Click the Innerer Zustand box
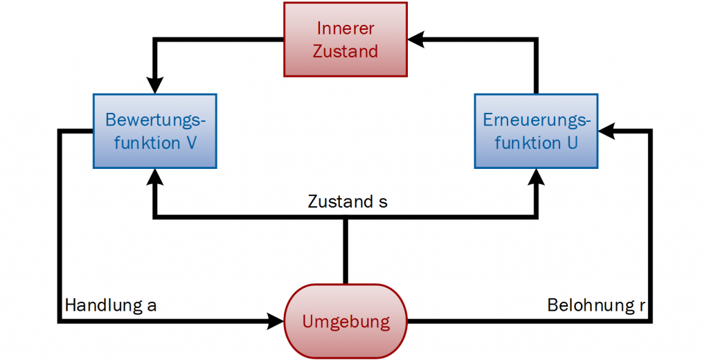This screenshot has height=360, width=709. click(x=345, y=39)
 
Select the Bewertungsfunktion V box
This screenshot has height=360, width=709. click(x=155, y=132)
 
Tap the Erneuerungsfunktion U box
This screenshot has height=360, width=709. click(x=537, y=132)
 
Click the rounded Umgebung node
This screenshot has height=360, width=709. click(x=345, y=321)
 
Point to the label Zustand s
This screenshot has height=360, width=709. click(x=347, y=202)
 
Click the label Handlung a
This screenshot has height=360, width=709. click(x=111, y=305)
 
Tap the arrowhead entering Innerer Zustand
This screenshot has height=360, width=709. click(x=417, y=39)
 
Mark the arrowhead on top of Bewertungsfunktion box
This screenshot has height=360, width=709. click(x=155, y=84)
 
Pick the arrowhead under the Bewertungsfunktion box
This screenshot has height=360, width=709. click(x=155, y=177)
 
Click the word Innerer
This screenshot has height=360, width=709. click(x=345, y=28)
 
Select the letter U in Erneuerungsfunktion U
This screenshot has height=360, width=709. click(x=572, y=143)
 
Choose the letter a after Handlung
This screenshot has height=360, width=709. click(x=152, y=305)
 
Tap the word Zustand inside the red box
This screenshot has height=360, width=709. click(x=345, y=51)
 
